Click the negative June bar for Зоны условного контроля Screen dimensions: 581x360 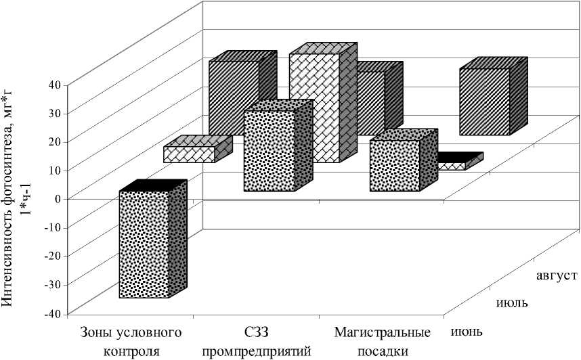coord(144,244)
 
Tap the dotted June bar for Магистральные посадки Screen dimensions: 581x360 coord(395,166)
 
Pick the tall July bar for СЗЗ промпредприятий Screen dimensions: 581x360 coord(314,108)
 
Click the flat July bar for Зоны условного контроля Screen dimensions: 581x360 coord(190,154)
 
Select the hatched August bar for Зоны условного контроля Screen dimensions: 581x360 coord(234,98)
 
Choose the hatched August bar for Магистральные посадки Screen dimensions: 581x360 coord(484,102)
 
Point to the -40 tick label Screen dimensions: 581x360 coord(51,313)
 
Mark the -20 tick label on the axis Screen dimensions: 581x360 coord(51,256)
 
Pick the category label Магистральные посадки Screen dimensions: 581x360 coord(383,342)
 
